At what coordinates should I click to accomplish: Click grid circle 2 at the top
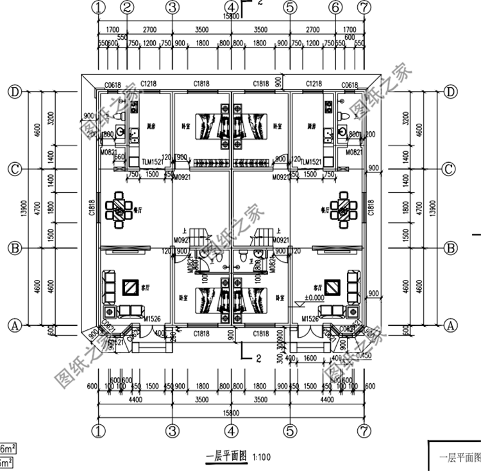pos(127,7)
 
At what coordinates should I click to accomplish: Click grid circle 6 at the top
pos(335,7)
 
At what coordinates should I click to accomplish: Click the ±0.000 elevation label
pos(314,297)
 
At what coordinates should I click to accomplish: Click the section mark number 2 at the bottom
pos(257,356)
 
